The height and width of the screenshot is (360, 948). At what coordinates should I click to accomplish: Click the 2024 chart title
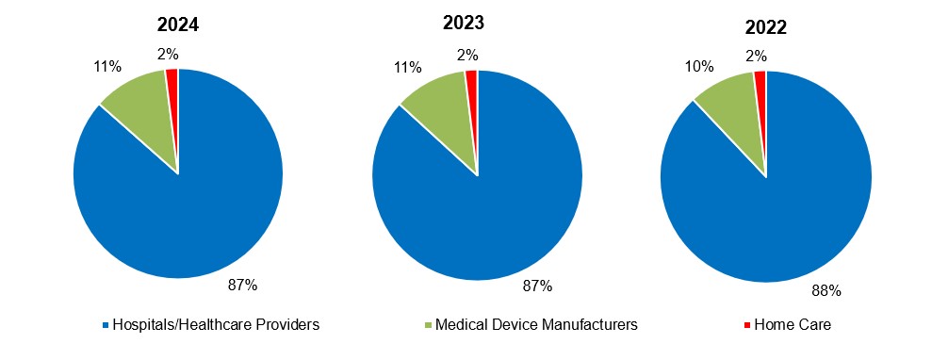(x=178, y=25)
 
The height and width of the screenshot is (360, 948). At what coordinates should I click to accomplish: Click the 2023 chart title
(x=478, y=23)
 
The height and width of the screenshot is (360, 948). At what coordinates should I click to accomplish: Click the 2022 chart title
(x=765, y=27)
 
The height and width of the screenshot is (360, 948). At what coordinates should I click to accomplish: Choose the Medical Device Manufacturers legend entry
(x=533, y=325)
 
